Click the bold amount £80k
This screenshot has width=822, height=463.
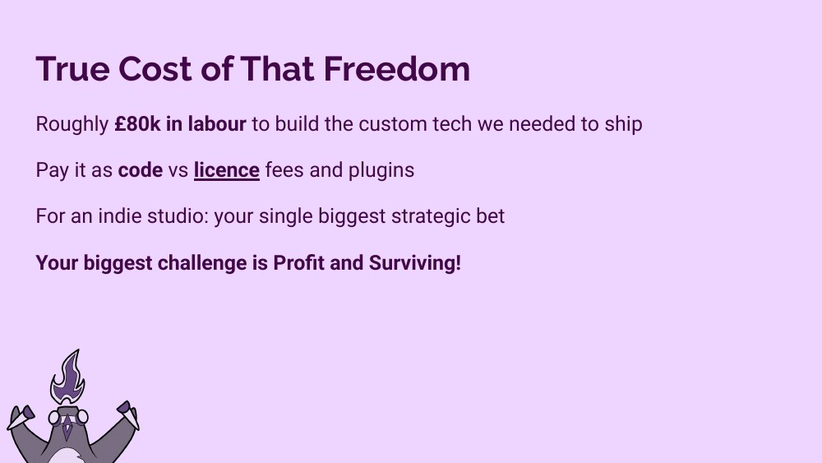coord(137,124)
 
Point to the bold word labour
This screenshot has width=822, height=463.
coord(217,124)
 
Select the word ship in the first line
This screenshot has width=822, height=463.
coord(625,124)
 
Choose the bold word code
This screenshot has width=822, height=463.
coord(140,170)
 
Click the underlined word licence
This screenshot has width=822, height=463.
coord(226,170)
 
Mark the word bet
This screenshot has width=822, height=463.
coord(490,216)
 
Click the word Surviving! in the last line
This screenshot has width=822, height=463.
coord(415,263)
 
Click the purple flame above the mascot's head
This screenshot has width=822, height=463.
coord(67,376)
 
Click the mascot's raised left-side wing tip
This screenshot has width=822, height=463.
coord(21,413)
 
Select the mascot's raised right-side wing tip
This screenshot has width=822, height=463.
coord(125,409)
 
